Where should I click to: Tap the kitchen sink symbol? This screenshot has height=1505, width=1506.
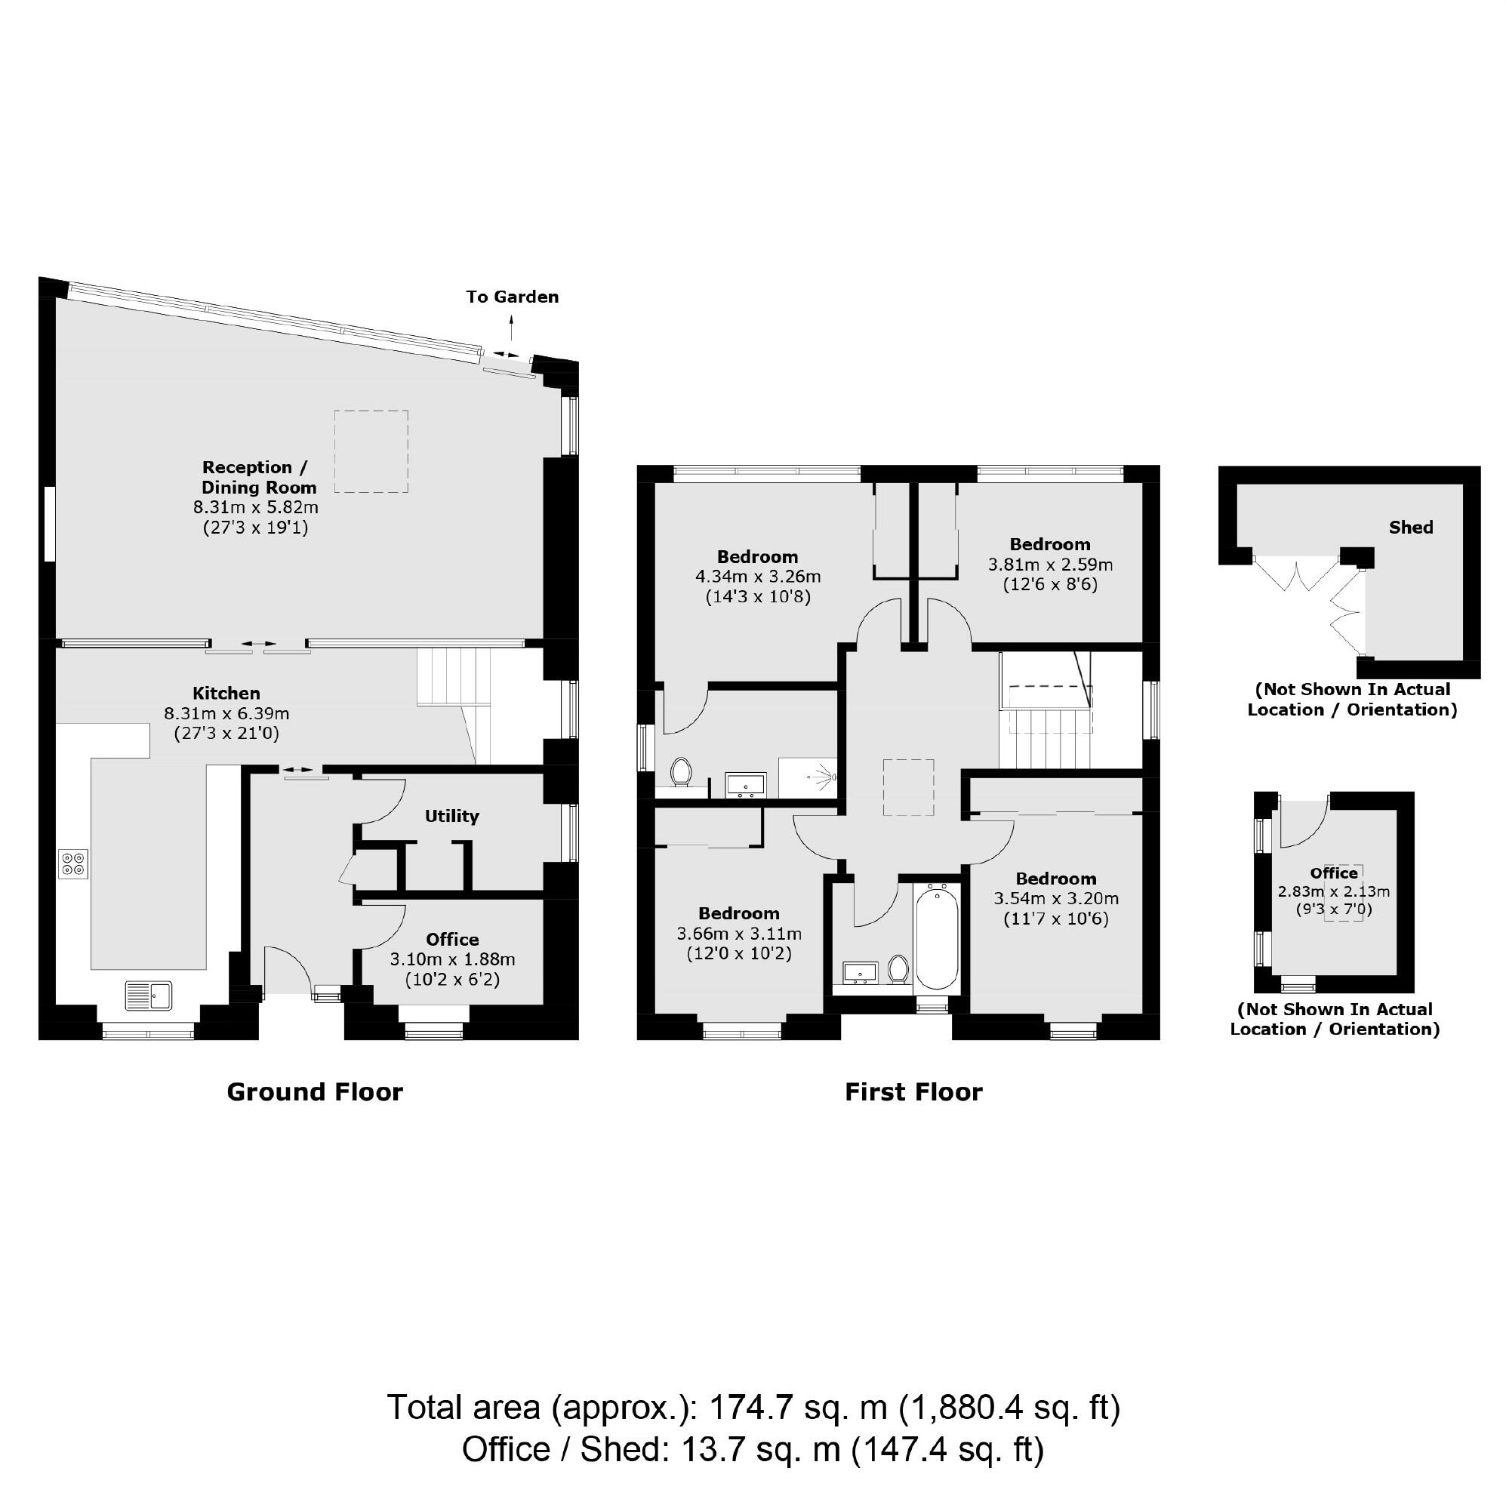[149, 996]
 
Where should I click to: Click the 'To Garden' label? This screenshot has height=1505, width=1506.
[512, 297]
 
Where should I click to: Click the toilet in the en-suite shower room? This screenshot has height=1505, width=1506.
[681, 771]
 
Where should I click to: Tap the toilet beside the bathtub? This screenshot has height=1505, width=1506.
[898, 969]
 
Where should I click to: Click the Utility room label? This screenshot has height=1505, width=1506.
[451, 816]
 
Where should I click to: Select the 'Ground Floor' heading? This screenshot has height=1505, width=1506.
[314, 1092]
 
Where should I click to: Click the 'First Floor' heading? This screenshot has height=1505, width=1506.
[913, 1092]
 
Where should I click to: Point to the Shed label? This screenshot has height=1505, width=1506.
[1410, 528]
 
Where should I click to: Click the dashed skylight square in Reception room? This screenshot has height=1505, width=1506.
[371, 451]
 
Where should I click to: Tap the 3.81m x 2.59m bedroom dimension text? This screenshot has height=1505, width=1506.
[1050, 565]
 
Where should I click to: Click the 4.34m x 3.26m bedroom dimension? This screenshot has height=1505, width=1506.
[758, 577]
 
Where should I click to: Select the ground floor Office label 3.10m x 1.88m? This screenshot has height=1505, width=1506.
[452, 939]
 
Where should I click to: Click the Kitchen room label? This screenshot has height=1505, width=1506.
[226, 693]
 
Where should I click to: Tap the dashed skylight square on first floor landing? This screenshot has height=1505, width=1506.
[908, 787]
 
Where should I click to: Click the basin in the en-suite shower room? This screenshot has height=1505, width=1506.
[746, 783]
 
